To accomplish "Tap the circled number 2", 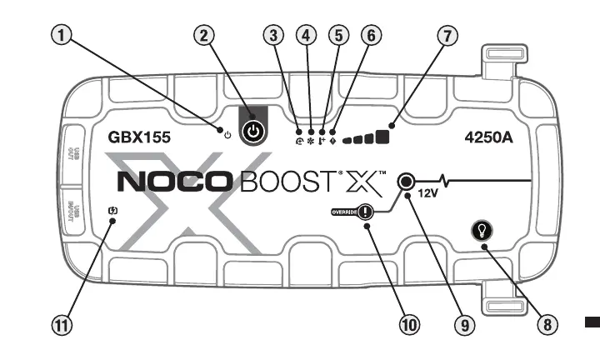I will click(205, 35).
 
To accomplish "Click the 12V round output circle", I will click(407, 180).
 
